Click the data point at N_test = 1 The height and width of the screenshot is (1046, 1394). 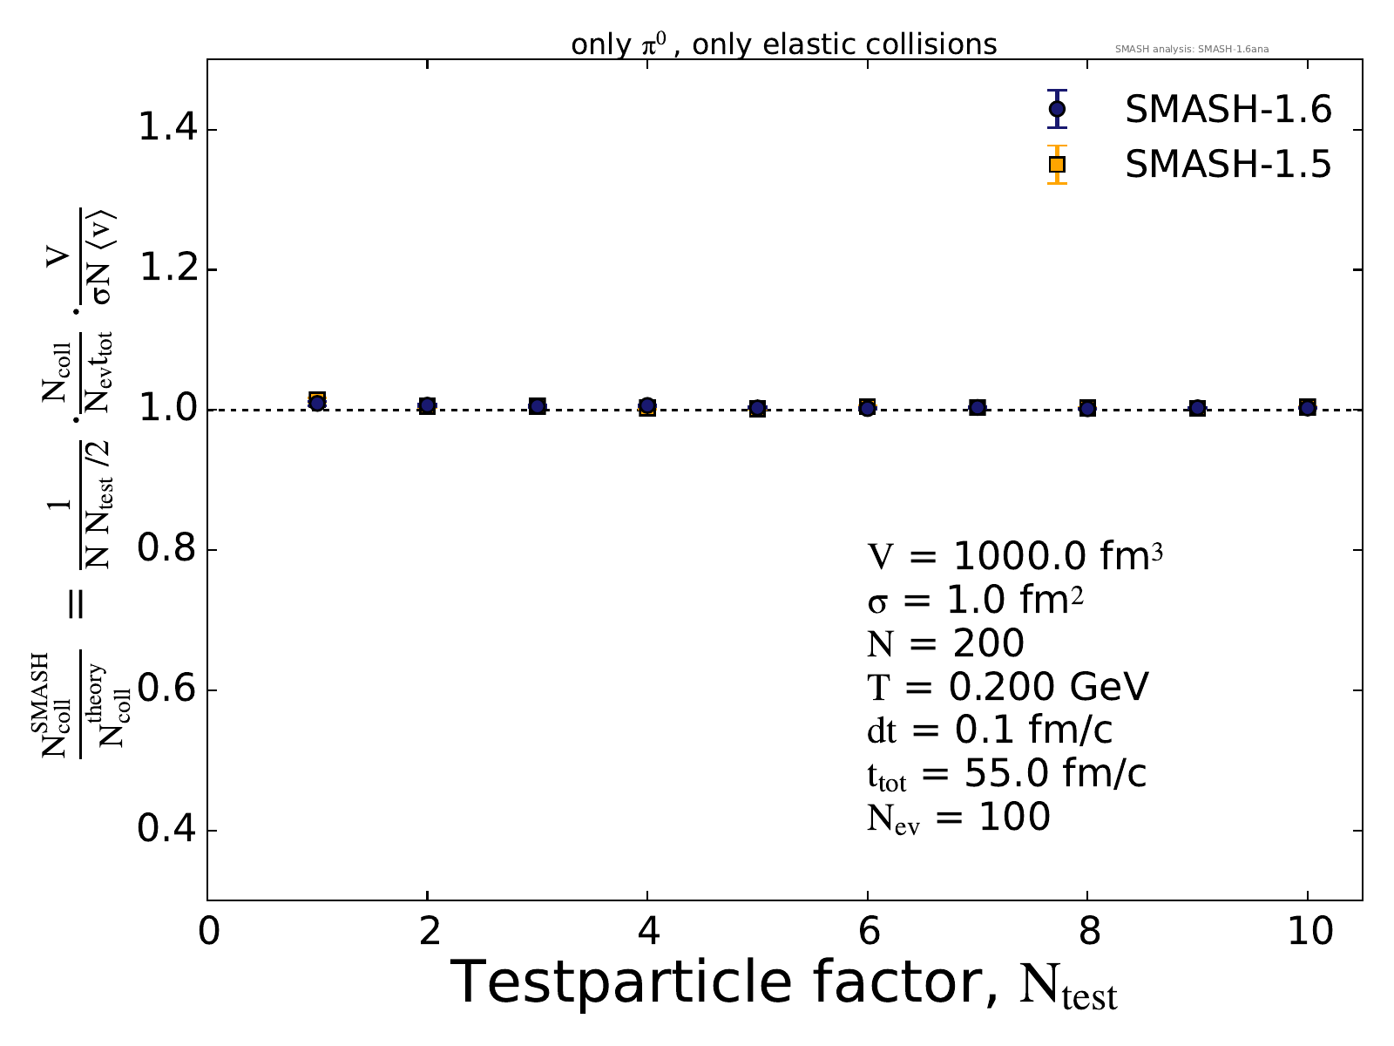click(317, 402)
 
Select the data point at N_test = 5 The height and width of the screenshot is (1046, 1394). click(757, 408)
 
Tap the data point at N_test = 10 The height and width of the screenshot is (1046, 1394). click(1307, 407)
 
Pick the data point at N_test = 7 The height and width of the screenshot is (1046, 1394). click(978, 407)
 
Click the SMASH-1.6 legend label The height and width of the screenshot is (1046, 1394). click(1228, 110)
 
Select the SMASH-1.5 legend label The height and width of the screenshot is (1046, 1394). click(1228, 164)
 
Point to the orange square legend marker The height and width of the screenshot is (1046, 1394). click(1057, 164)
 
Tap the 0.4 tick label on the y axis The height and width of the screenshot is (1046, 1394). click(166, 830)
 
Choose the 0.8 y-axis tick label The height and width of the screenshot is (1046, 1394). click(166, 550)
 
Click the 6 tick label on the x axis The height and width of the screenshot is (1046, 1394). click(867, 932)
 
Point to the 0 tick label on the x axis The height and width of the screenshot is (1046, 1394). click(208, 932)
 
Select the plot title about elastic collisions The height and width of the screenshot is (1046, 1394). click(783, 44)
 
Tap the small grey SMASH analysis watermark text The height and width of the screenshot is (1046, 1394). click(1191, 49)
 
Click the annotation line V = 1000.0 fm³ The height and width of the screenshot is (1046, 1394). click(1014, 556)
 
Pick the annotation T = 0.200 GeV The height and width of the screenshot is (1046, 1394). click(1007, 687)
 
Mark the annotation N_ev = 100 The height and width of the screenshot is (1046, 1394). click(958, 818)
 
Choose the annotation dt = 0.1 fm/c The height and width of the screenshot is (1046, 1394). click(990, 730)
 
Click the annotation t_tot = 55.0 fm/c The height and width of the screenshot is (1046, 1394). click(1005, 774)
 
